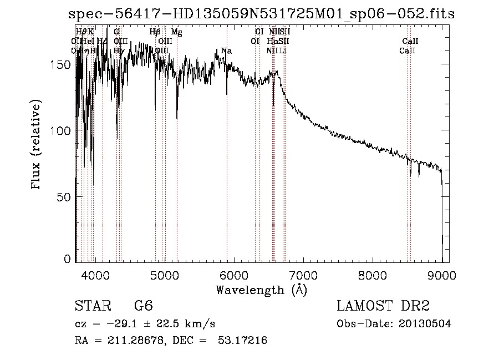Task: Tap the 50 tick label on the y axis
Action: (x=65, y=196)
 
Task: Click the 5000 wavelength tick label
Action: (x=165, y=273)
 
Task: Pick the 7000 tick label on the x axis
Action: (x=303, y=273)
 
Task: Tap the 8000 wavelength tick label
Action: (x=373, y=273)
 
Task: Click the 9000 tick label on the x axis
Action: (x=442, y=273)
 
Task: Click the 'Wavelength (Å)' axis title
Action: (x=261, y=290)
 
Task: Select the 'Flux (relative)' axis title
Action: (x=37, y=146)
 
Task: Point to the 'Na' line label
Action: (x=226, y=51)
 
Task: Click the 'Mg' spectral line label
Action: (x=176, y=33)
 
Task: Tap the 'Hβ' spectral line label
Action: (x=155, y=33)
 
